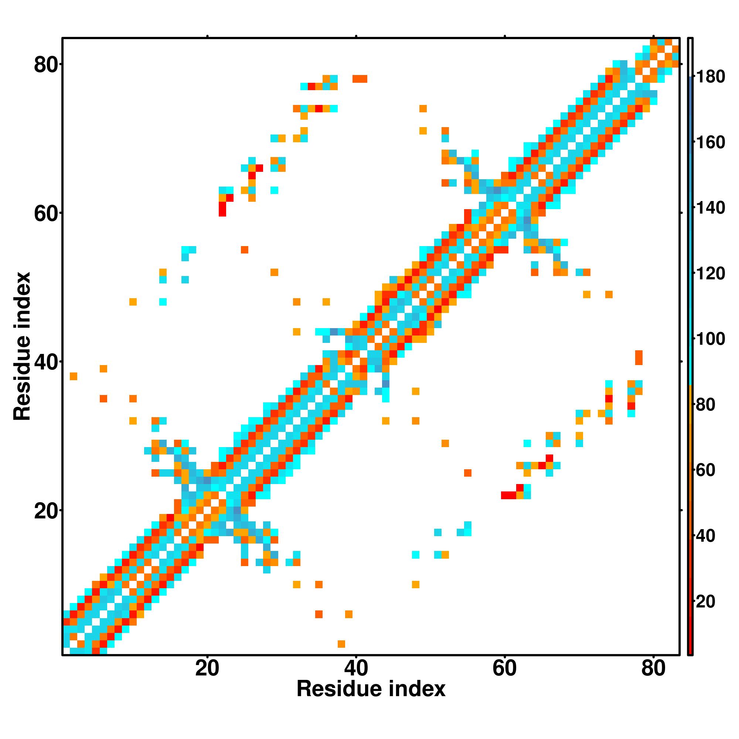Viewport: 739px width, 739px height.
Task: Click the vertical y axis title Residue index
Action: (x=22, y=346)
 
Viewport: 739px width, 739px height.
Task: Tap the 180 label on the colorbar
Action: (x=710, y=77)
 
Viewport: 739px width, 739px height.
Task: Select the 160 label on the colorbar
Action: (x=710, y=143)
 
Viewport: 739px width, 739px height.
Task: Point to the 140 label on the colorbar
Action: (x=710, y=208)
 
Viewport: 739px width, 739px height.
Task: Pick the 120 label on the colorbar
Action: (x=710, y=274)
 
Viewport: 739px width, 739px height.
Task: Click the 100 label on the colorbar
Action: (x=710, y=339)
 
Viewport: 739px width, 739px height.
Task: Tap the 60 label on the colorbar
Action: (x=705, y=470)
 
